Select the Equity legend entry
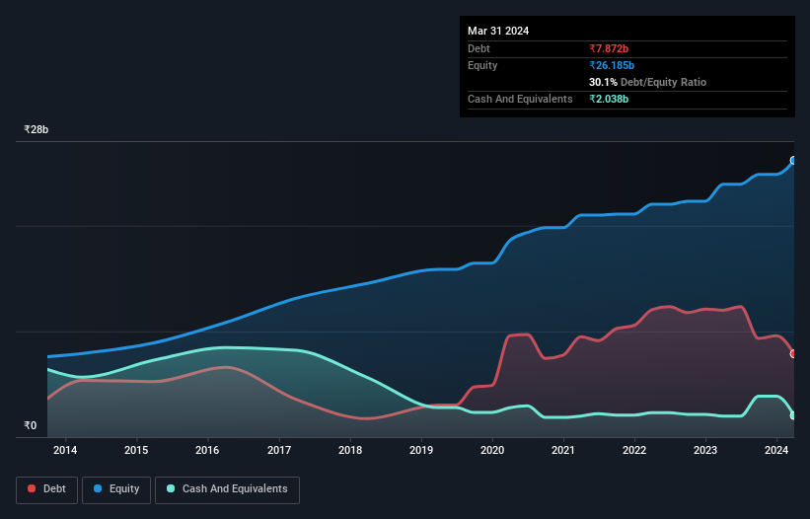click(116, 488)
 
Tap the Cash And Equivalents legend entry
click(227, 488)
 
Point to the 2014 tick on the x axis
click(65, 451)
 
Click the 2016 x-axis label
click(207, 451)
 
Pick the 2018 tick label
click(350, 451)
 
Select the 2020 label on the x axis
click(492, 451)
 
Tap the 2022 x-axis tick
click(634, 451)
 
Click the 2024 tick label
click(776, 451)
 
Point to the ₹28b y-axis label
click(37, 130)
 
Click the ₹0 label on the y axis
click(31, 426)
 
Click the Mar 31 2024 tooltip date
click(498, 31)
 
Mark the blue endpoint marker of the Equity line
click(793, 160)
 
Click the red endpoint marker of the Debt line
click(793, 353)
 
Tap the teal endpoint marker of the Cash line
click(793, 415)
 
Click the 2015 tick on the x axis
click(136, 451)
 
